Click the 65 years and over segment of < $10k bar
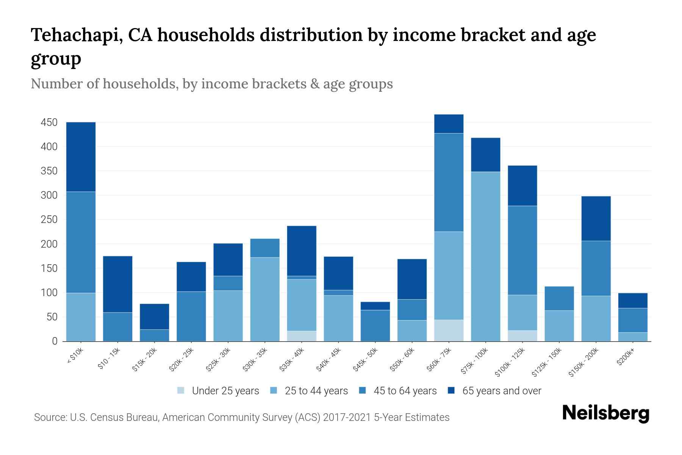(x=81, y=157)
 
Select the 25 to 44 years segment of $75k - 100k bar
(x=485, y=256)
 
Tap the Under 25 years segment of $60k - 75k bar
(x=449, y=330)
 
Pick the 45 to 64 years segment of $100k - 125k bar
(x=522, y=250)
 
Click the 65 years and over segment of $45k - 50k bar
(x=375, y=306)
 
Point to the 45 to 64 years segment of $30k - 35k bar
(x=265, y=248)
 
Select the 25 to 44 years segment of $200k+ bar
(x=633, y=337)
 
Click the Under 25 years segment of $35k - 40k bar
(x=302, y=336)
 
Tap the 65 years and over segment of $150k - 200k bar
(x=596, y=218)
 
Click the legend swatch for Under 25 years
(x=181, y=391)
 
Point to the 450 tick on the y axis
(x=49, y=122)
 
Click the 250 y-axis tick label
(x=49, y=220)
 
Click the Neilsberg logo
(x=606, y=413)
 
